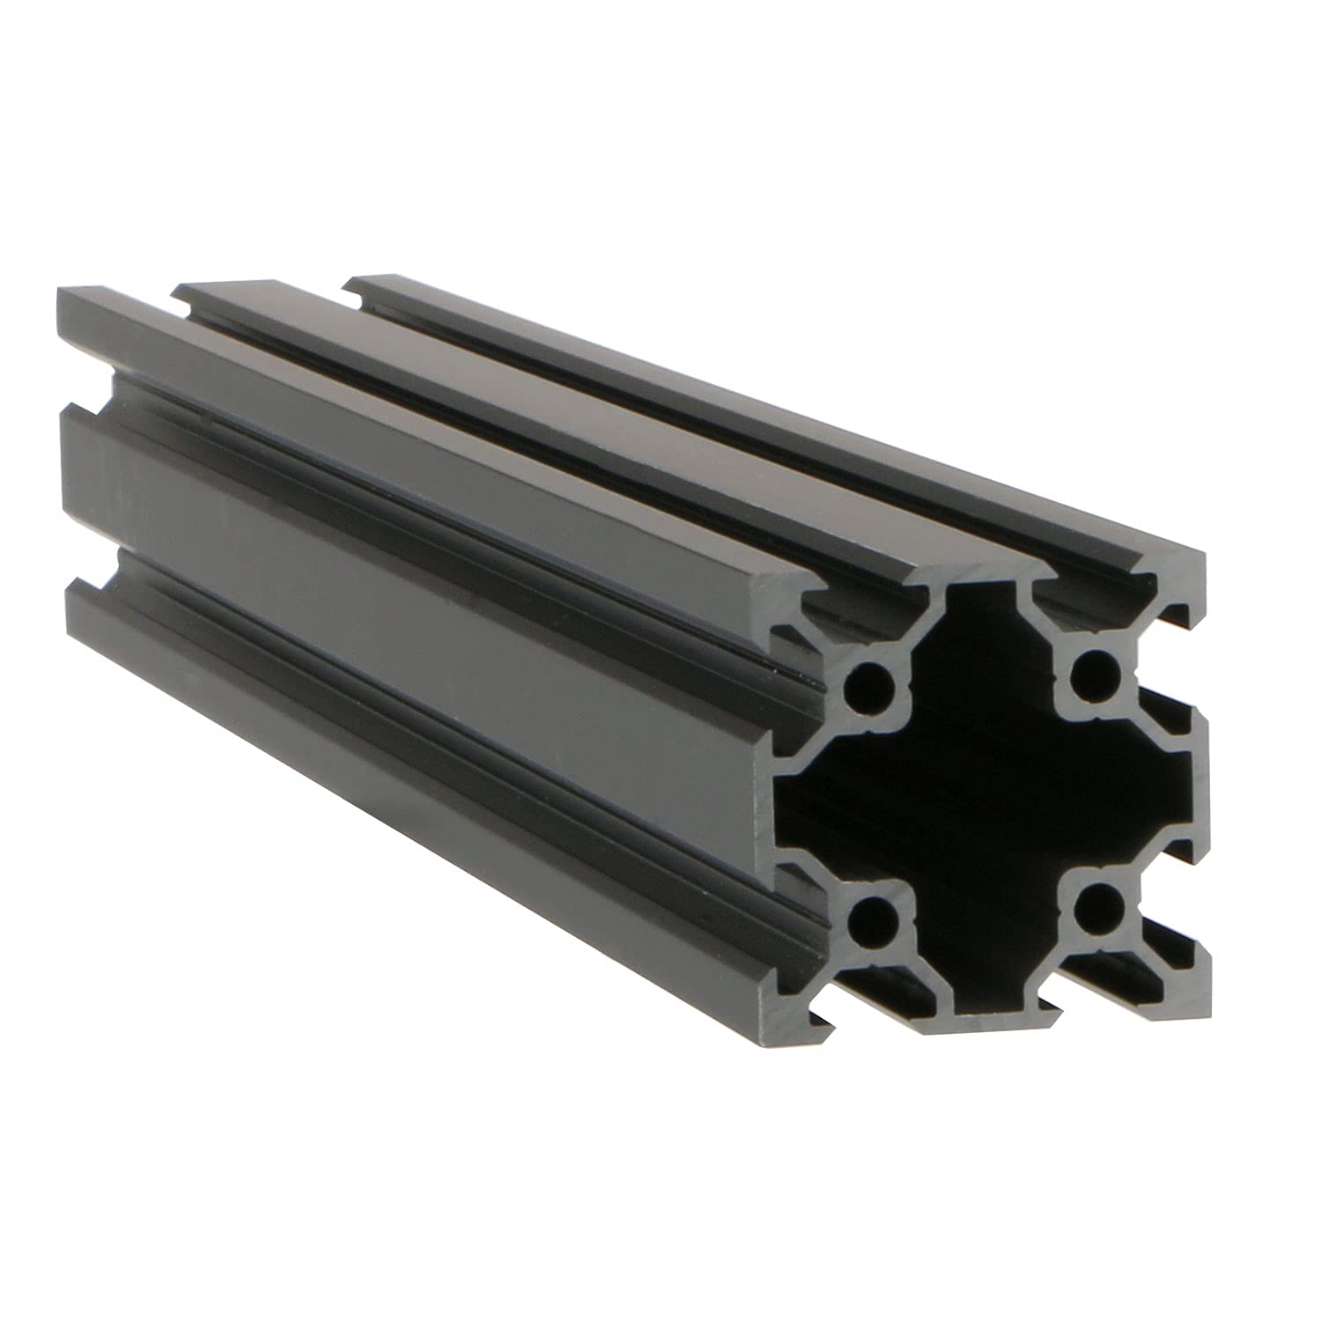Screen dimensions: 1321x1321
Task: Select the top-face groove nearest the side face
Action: [528, 458]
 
